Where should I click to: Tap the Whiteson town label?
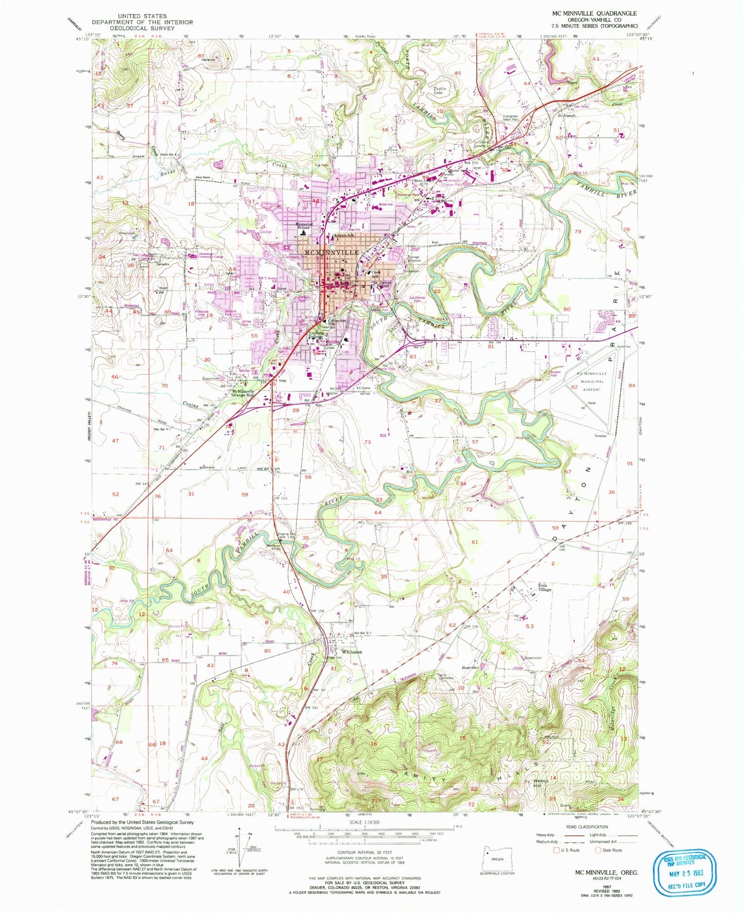[352, 652]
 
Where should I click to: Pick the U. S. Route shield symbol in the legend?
[557, 851]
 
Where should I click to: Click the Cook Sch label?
[376, 274]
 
